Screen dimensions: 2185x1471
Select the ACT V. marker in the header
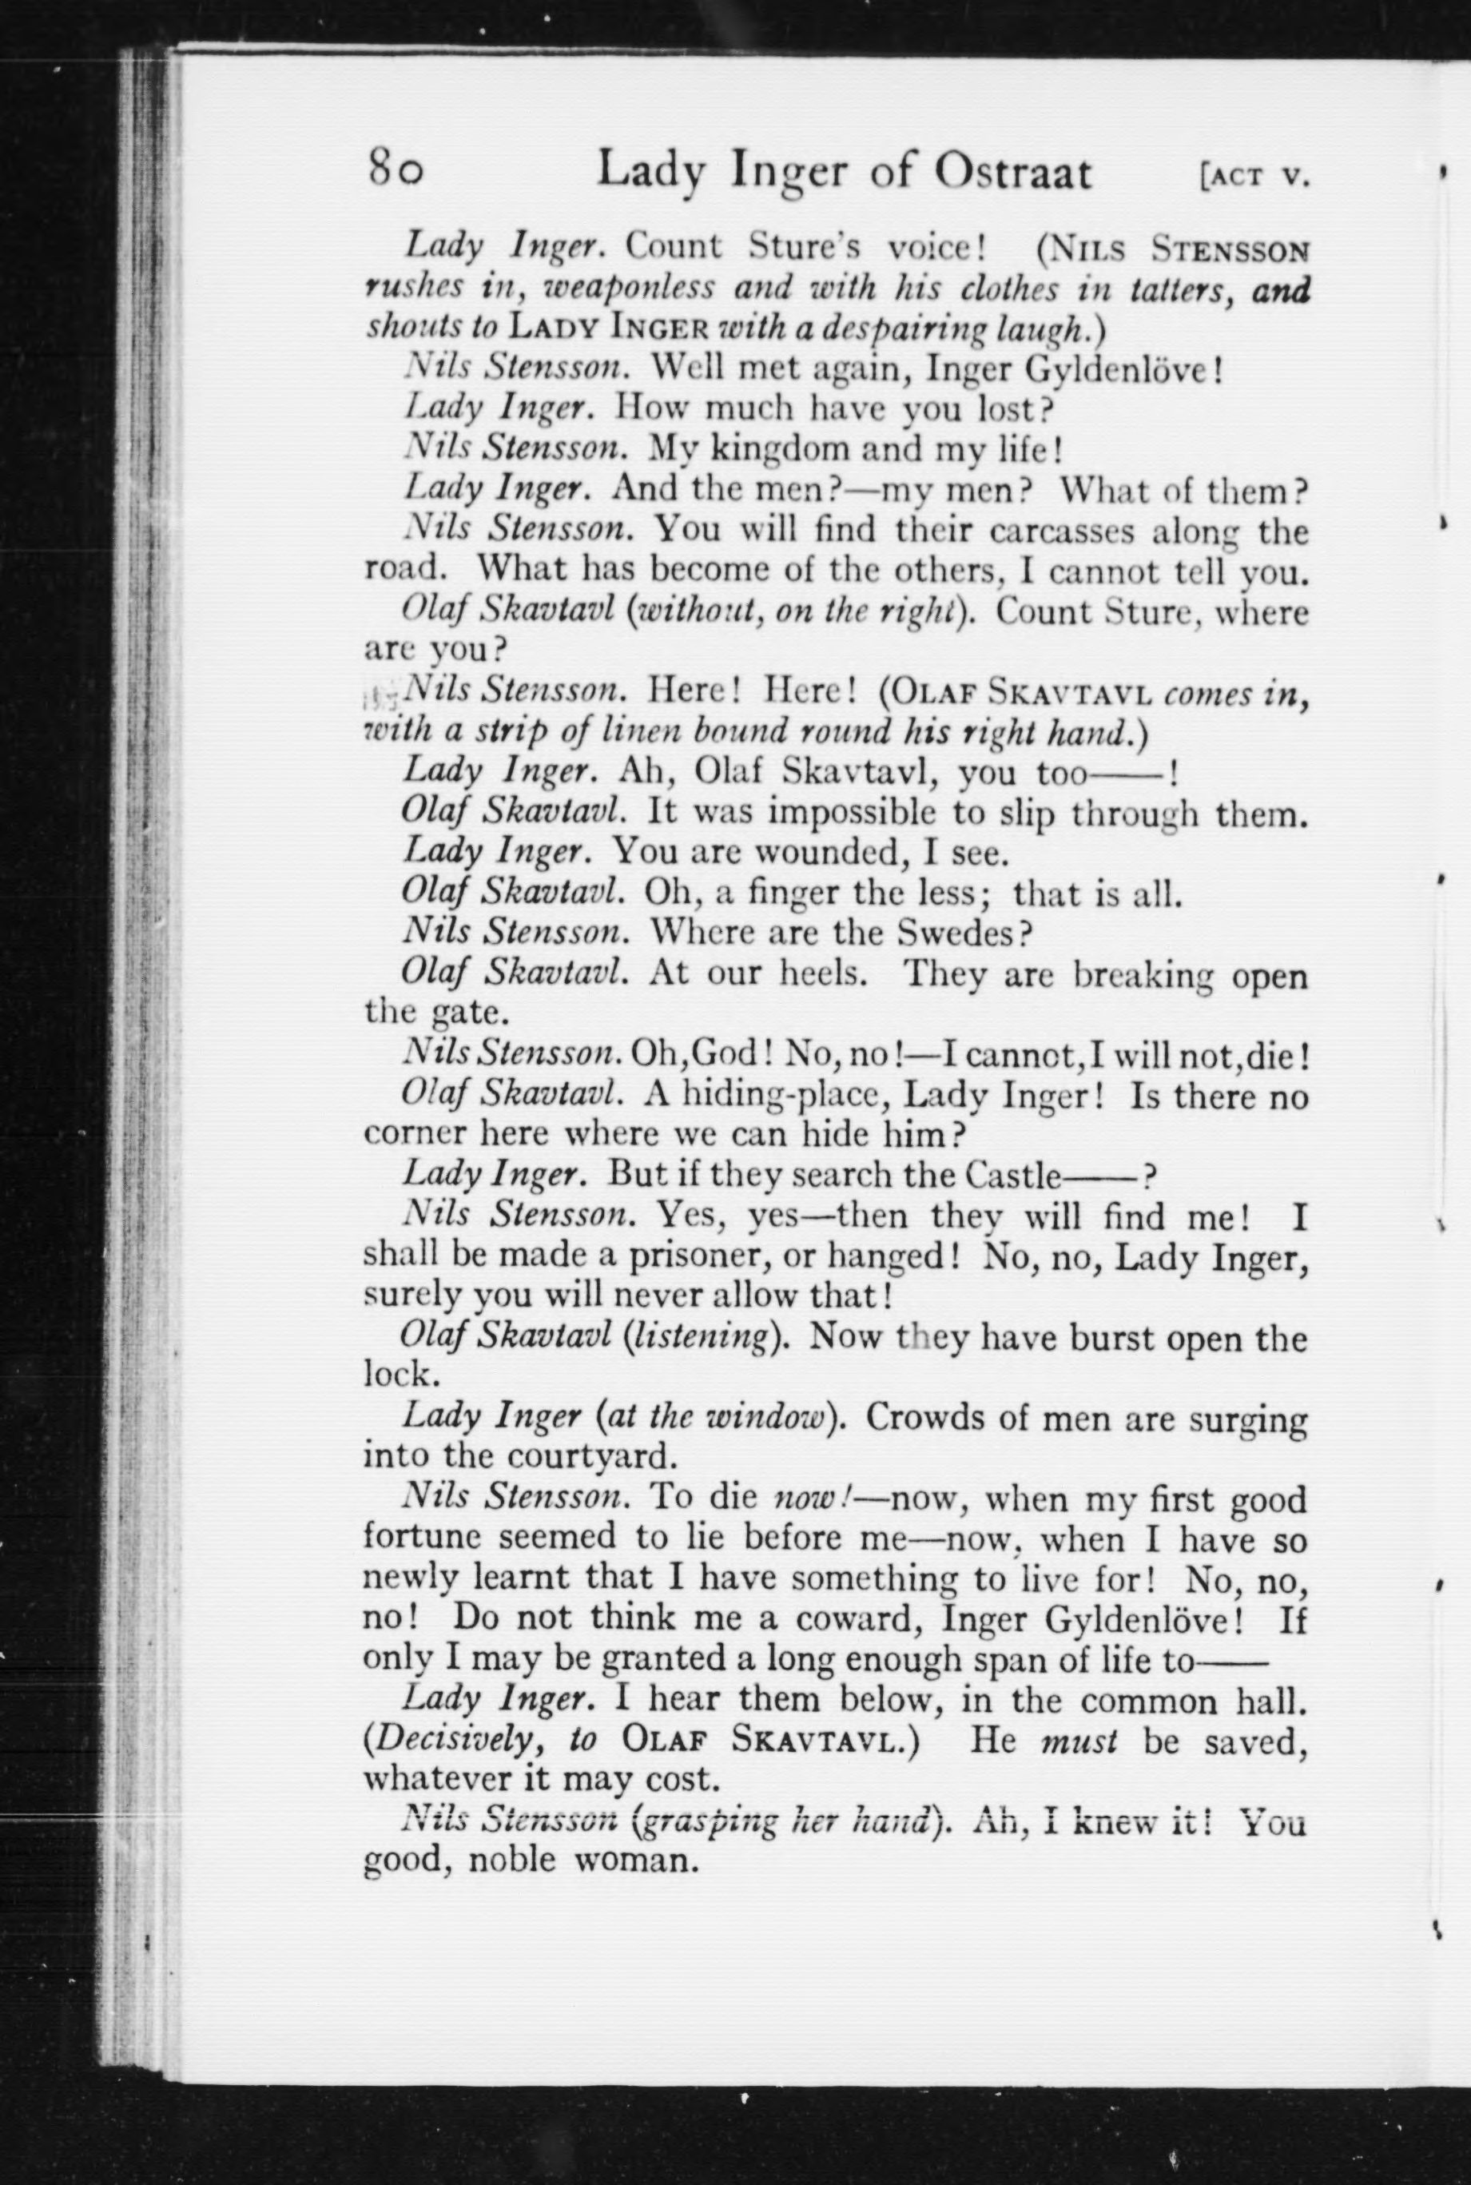click(x=1251, y=177)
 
